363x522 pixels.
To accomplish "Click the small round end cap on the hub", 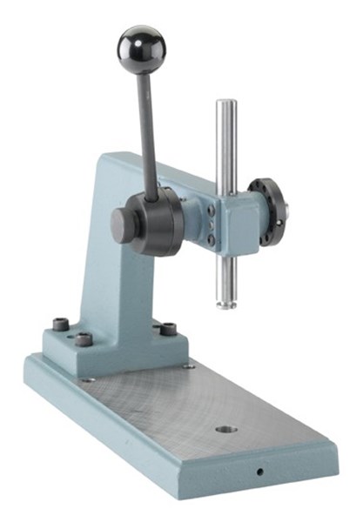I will click(x=120, y=225).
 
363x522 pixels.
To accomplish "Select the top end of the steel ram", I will click(x=225, y=104).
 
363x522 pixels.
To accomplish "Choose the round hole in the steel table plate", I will click(x=226, y=430).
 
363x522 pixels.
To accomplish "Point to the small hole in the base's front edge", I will click(x=259, y=472).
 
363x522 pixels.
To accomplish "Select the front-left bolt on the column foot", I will click(x=83, y=339).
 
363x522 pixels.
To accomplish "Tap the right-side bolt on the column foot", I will click(x=167, y=329).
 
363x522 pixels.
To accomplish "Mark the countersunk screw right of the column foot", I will click(x=188, y=365).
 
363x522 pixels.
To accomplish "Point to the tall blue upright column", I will click(x=100, y=252).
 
